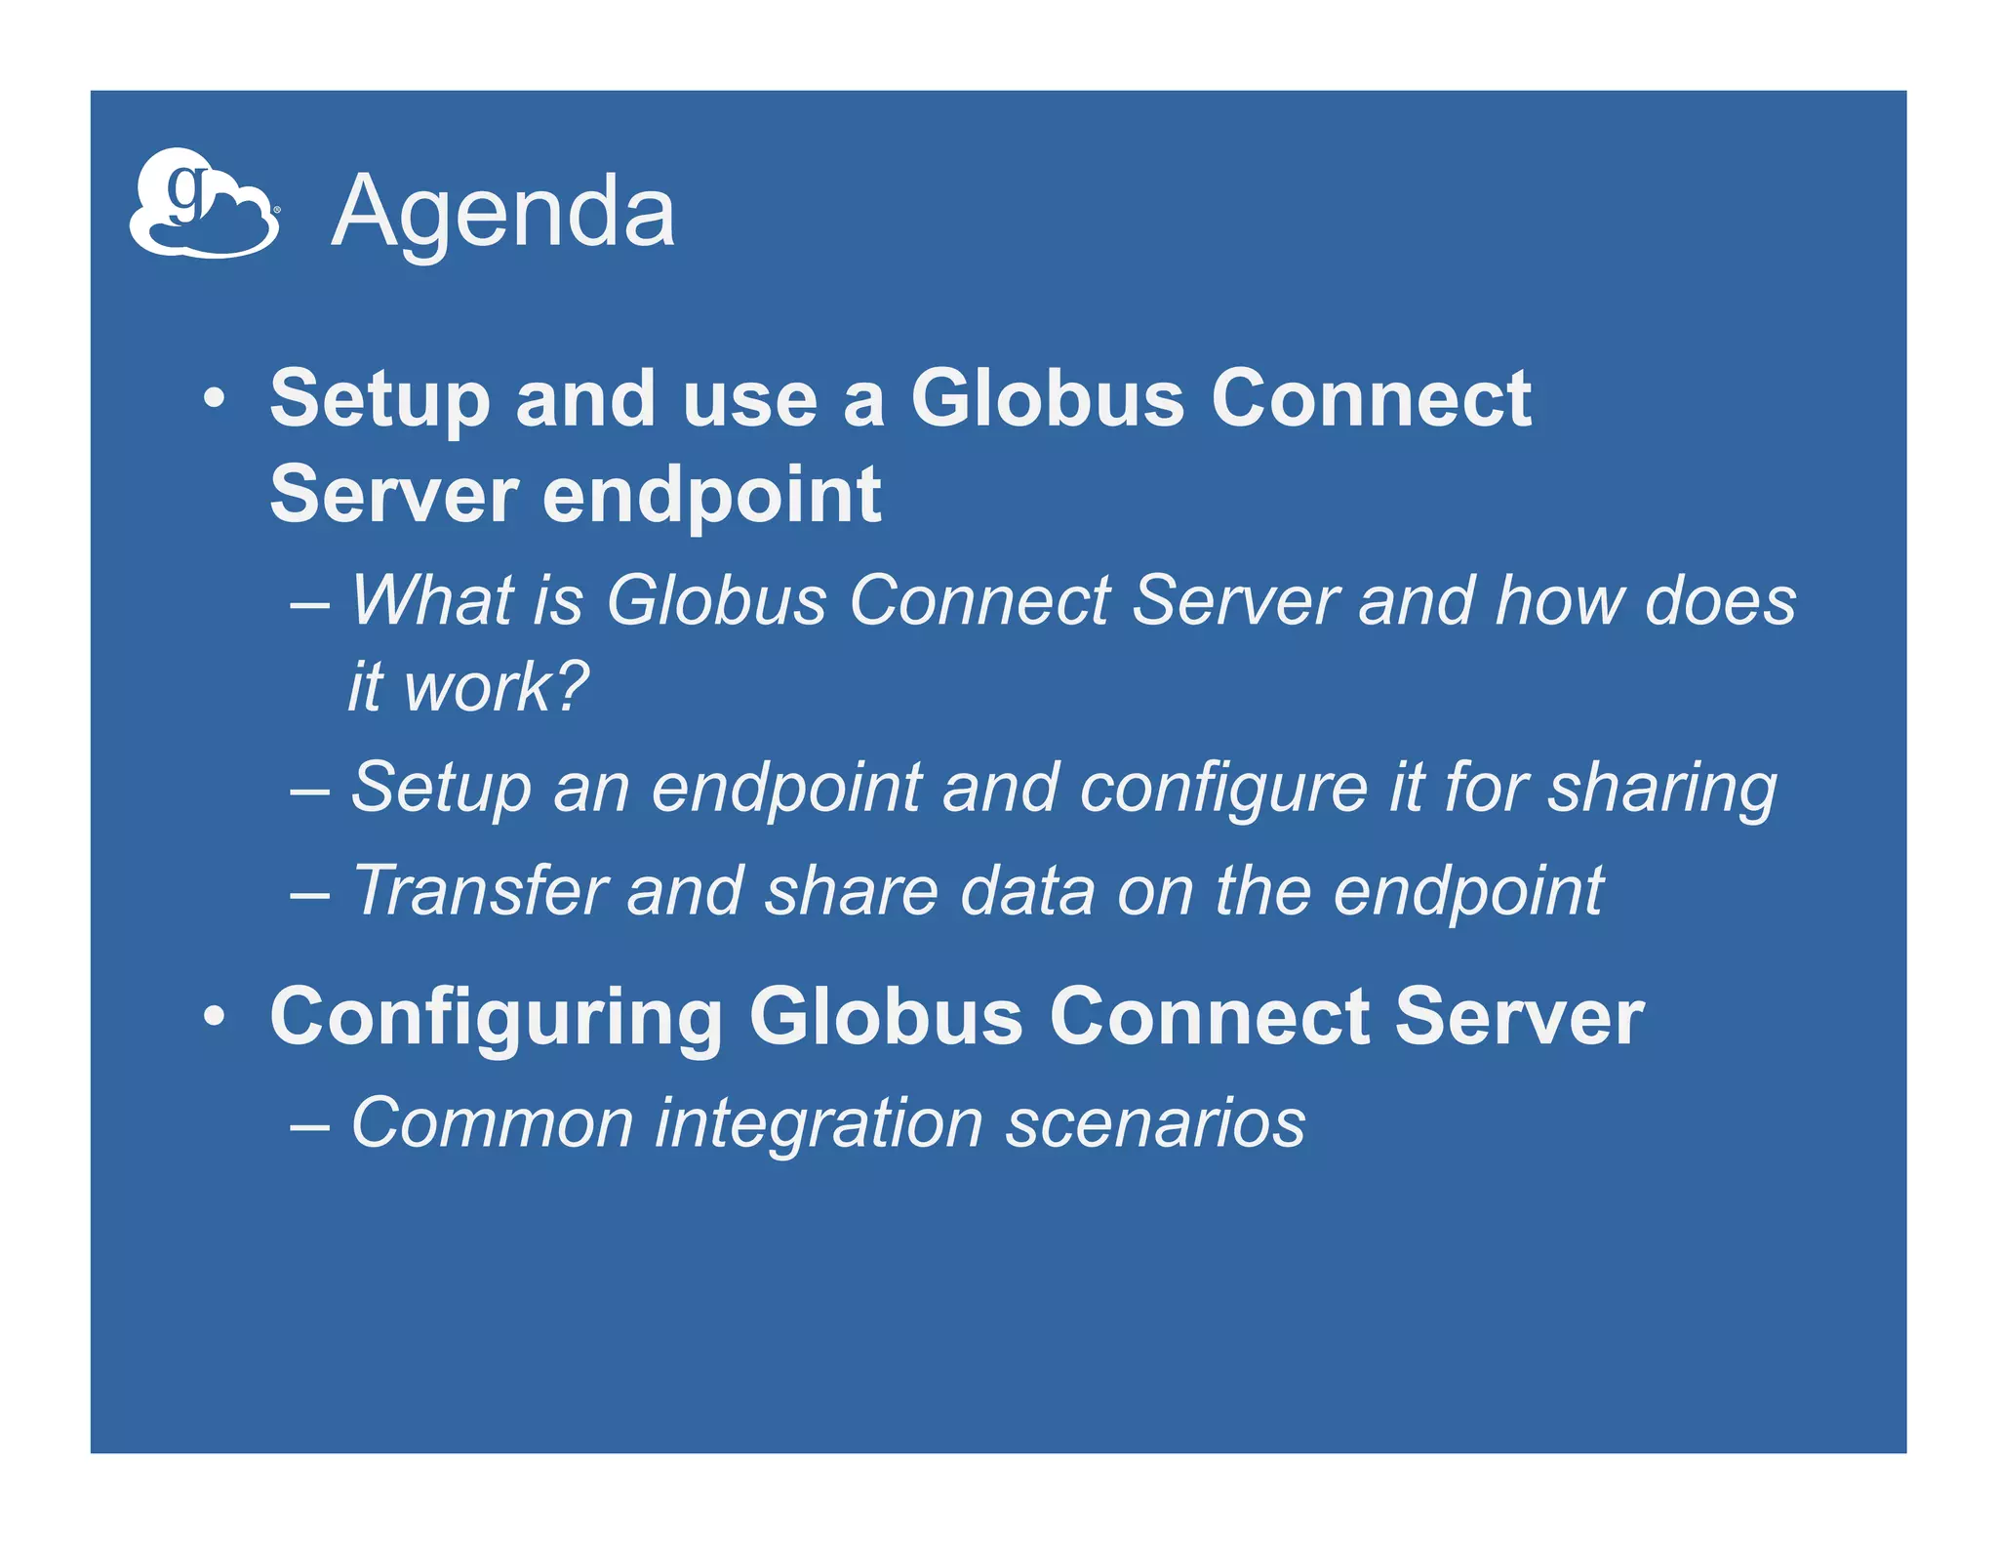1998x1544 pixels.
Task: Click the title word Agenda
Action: click(x=502, y=212)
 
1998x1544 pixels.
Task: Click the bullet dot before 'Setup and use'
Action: click(x=215, y=399)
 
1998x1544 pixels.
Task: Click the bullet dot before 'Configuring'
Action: click(x=215, y=1017)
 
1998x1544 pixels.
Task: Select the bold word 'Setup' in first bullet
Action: click(x=380, y=399)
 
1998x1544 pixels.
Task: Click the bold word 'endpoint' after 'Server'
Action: click(x=711, y=494)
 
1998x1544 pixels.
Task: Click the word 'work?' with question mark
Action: click(x=496, y=687)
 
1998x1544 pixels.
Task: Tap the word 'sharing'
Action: click(x=1662, y=789)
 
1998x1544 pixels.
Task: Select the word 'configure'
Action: click(x=1223, y=789)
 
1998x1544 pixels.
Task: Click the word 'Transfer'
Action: click(x=479, y=890)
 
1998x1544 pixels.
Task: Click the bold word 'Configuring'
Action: click(x=496, y=1017)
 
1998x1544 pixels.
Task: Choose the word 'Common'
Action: click(x=492, y=1122)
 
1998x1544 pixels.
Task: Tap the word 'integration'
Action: click(x=819, y=1124)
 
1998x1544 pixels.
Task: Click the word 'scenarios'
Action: click(x=1155, y=1122)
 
